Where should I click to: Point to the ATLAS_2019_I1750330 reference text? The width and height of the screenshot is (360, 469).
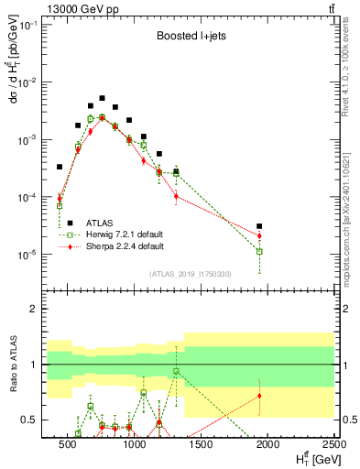(190, 274)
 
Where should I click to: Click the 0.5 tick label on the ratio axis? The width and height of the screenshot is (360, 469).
(29, 420)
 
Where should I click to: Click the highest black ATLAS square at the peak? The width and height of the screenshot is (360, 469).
(103, 98)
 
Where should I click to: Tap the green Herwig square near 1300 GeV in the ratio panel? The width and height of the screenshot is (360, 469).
(176, 371)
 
